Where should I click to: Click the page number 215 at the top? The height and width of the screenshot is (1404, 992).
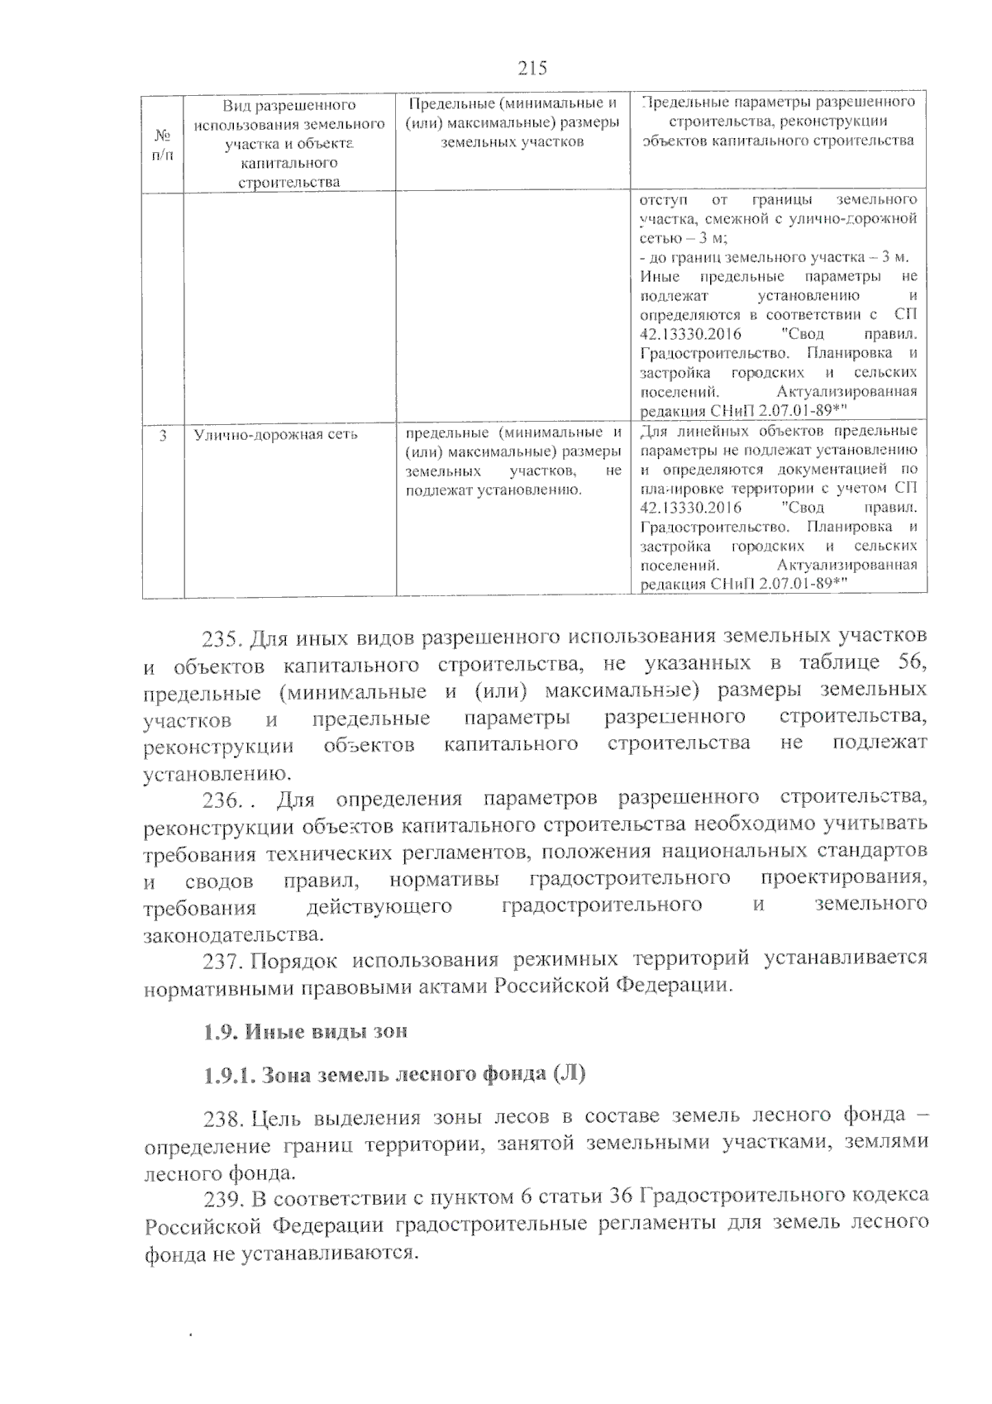[532, 68]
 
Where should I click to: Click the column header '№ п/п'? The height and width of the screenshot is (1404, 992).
[163, 142]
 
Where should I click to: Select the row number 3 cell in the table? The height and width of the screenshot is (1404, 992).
[163, 434]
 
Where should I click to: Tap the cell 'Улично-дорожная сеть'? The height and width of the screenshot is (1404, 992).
[275, 434]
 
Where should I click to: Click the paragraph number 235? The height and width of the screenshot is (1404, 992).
[221, 638]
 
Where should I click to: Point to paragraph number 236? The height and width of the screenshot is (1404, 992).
[221, 800]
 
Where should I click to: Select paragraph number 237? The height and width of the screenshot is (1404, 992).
[221, 960]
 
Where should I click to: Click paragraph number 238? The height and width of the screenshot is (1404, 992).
[221, 1119]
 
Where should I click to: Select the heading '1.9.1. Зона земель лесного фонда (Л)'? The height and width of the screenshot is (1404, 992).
[394, 1075]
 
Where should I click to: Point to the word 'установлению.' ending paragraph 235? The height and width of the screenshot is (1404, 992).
[218, 774]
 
